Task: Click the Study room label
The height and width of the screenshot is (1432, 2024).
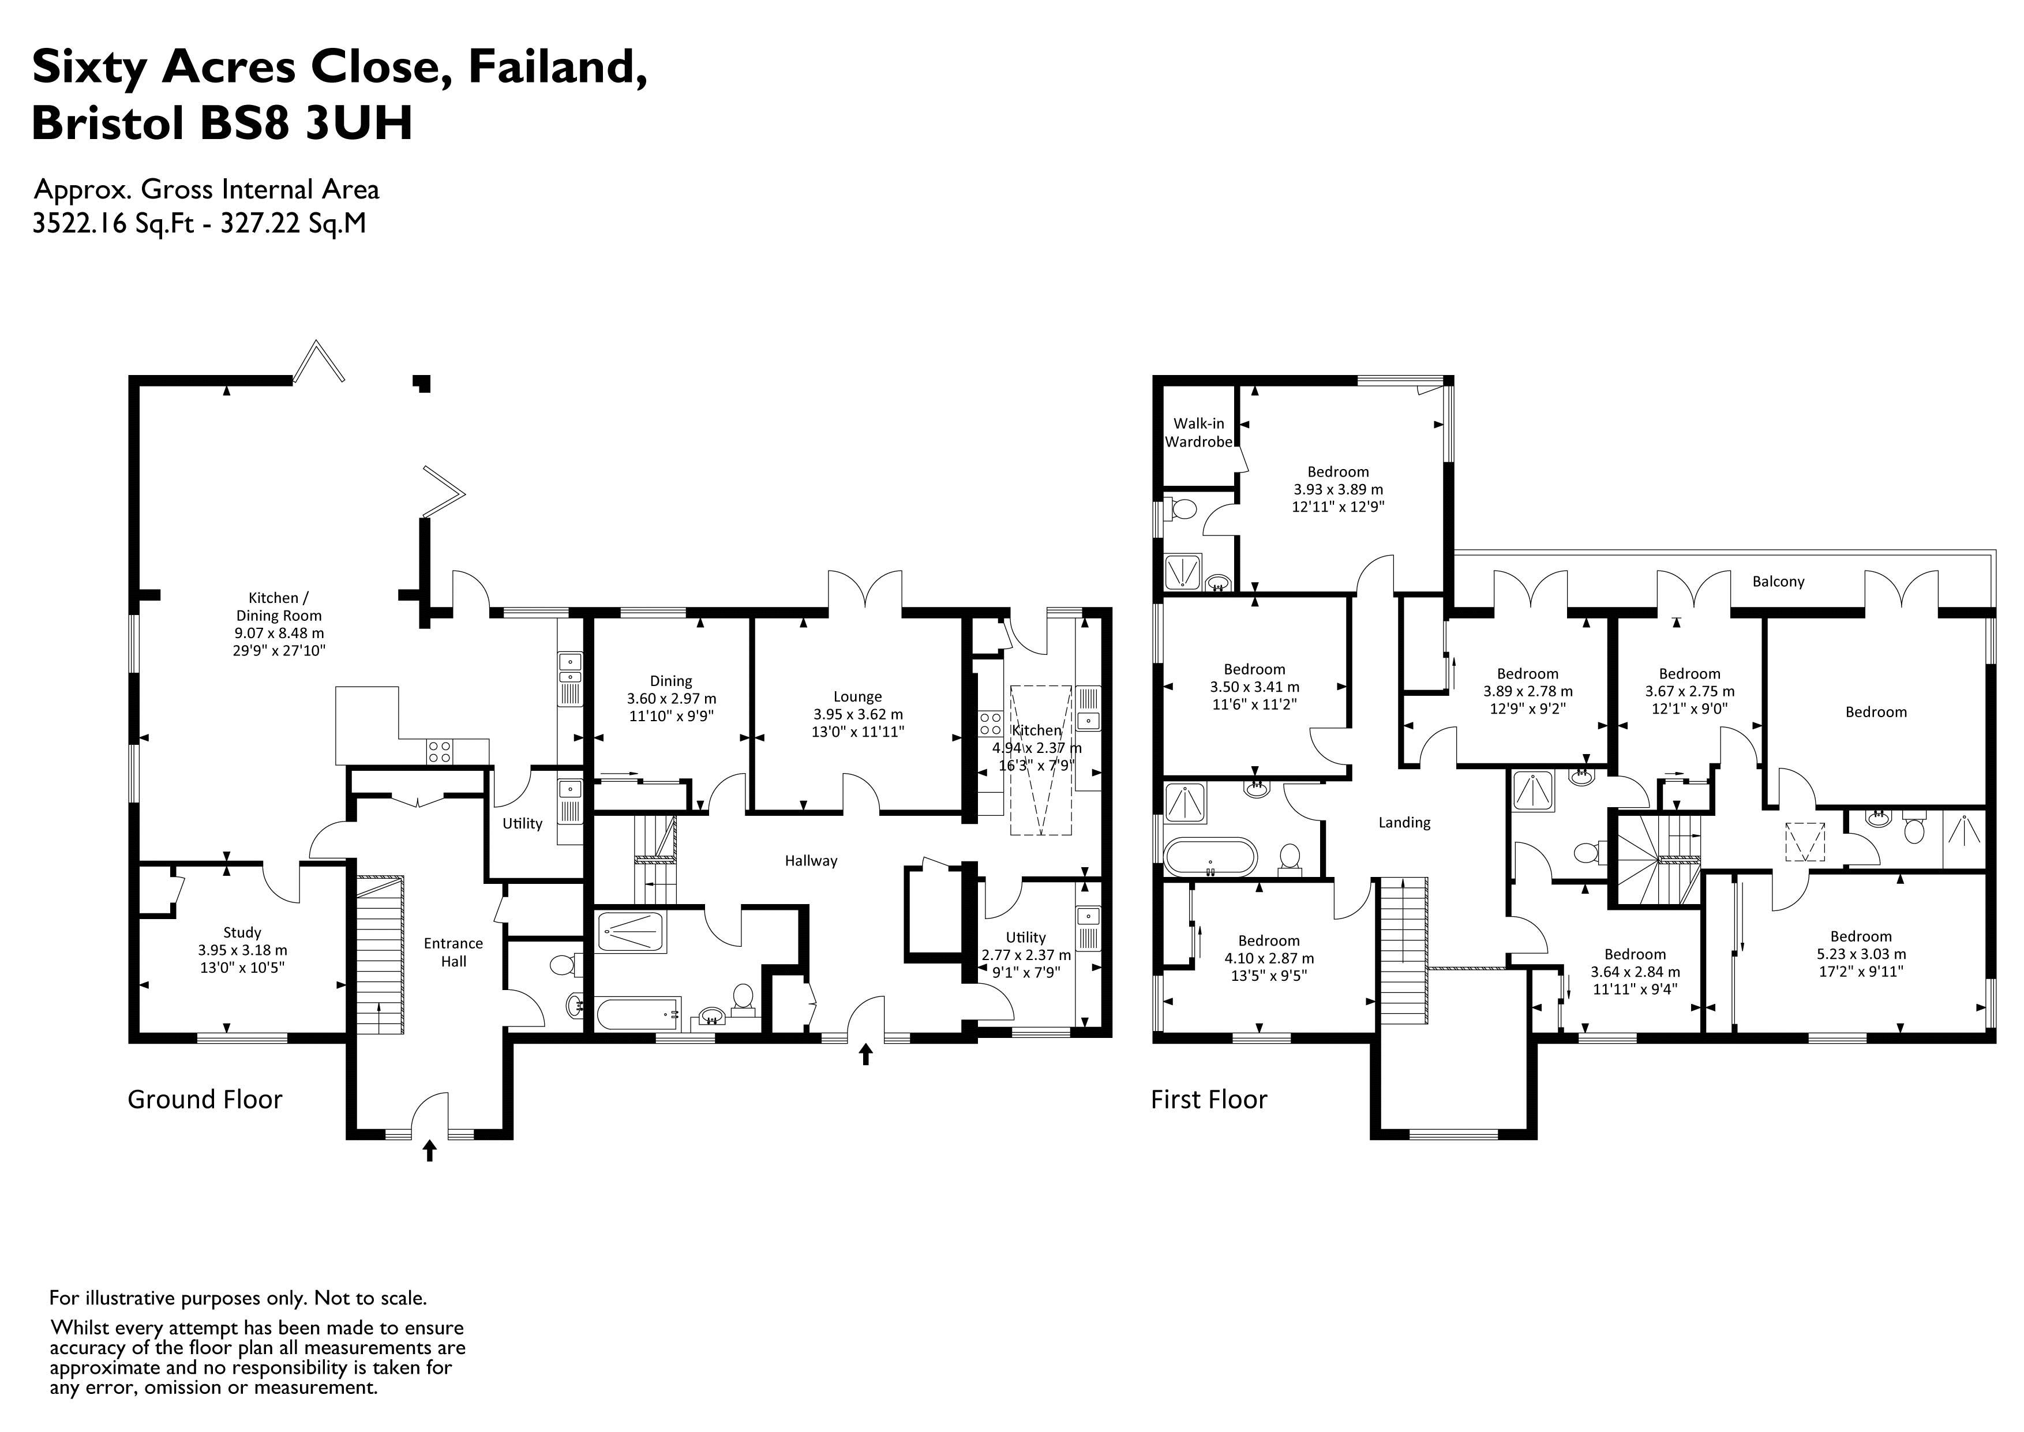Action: (x=242, y=932)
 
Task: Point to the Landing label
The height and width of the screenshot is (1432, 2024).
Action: (x=1404, y=823)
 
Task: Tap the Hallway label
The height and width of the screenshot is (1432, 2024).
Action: (x=811, y=861)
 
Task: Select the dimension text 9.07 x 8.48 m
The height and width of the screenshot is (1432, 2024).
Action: (x=279, y=633)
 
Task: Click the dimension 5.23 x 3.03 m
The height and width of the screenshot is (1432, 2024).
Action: (x=1860, y=954)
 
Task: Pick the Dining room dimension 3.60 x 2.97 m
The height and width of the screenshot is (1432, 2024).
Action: (x=671, y=698)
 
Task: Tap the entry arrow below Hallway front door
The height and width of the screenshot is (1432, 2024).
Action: (x=865, y=1054)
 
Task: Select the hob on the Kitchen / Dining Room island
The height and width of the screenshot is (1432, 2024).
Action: (x=440, y=751)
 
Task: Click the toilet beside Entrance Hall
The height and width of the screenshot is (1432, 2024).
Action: (x=561, y=965)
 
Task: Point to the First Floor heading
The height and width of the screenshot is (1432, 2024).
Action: (x=1209, y=1100)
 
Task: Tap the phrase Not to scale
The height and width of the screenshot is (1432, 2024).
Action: (x=370, y=1298)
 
